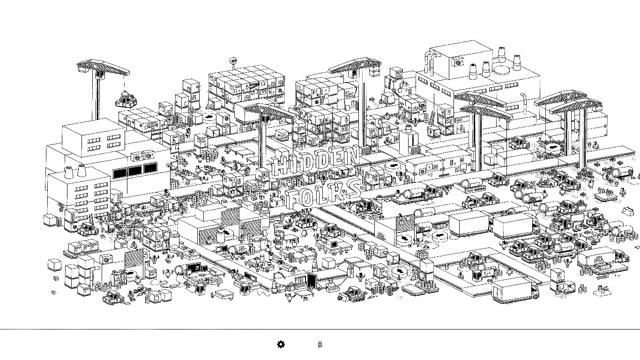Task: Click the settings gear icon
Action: (281, 345)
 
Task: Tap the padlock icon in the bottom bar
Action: (320, 345)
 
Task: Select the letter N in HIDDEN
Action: (353, 155)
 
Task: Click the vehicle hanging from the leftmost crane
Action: (125, 98)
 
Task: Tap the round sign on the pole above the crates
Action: (233, 61)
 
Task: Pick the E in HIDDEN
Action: (338, 158)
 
